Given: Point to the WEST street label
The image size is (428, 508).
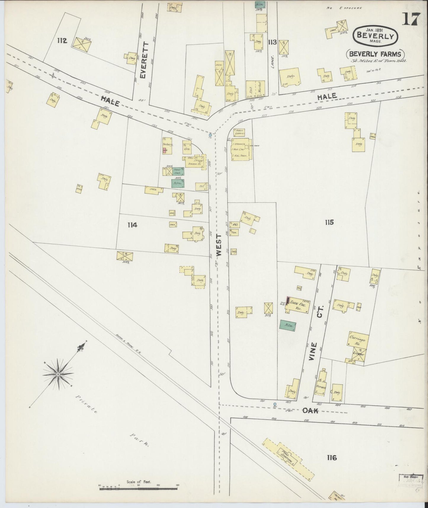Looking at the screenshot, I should (x=219, y=245).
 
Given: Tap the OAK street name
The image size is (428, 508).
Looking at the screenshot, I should (x=310, y=410).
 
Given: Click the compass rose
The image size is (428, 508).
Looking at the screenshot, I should (x=58, y=374).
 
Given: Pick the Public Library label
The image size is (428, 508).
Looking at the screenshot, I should (x=239, y=132).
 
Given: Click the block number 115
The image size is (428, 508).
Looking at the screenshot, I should (x=329, y=222).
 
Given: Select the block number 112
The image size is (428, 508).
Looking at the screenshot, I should (x=62, y=41).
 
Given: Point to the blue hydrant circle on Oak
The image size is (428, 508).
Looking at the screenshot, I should (x=275, y=404).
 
